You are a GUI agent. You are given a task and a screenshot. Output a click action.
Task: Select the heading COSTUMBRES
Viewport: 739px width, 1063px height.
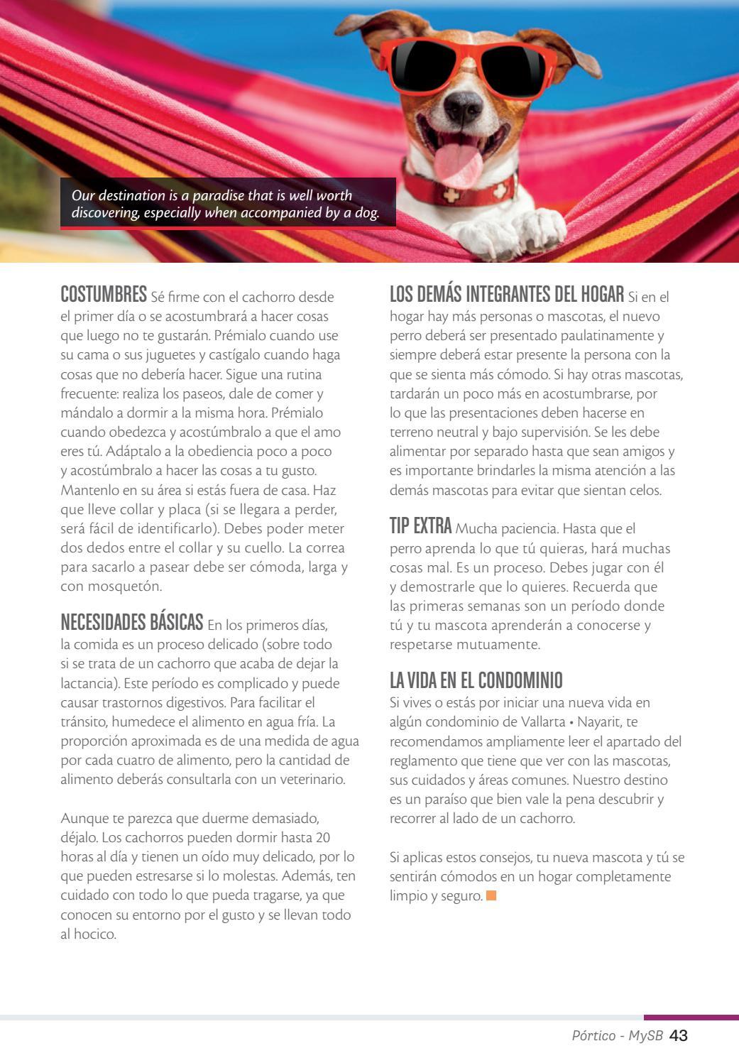coord(104,295)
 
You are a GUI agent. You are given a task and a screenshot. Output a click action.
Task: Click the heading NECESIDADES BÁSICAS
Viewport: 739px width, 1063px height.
coord(132,623)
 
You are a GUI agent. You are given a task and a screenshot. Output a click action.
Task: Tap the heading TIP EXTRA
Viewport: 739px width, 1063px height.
coord(420,526)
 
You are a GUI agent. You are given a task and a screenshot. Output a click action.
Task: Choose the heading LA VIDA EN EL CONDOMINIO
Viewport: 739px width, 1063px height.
coord(476,681)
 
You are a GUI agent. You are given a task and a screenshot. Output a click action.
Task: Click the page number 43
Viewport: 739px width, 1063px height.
coord(679,1035)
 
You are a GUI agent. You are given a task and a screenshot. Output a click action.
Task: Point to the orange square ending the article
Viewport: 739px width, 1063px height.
coord(491,895)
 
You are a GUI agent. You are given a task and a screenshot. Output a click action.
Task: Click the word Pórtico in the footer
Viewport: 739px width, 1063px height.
coord(593,1036)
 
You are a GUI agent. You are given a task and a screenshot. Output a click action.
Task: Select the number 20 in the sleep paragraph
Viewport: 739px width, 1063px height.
coord(323,837)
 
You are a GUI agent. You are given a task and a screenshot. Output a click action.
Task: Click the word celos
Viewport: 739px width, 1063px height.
coord(644,490)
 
